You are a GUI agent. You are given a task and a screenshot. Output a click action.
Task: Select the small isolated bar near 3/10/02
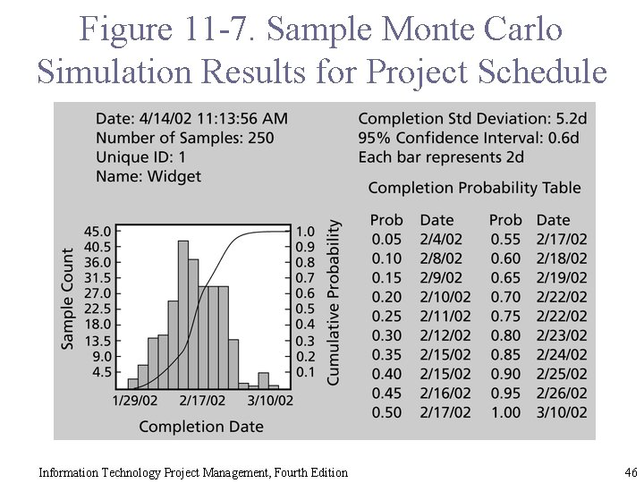(x=263, y=381)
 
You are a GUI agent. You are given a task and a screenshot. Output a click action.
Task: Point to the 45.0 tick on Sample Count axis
(x=98, y=231)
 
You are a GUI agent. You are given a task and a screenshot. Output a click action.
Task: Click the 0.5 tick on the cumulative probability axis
(x=305, y=309)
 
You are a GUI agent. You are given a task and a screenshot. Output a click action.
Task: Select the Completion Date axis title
(x=201, y=426)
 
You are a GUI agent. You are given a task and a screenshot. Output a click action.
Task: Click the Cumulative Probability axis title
(x=334, y=303)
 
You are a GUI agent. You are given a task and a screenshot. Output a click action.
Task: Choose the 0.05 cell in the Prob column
(x=386, y=239)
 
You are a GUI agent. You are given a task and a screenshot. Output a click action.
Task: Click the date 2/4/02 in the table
(x=441, y=239)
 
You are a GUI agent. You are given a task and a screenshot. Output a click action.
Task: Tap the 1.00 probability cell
(x=505, y=412)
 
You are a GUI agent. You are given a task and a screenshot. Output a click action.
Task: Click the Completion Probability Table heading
(x=474, y=188)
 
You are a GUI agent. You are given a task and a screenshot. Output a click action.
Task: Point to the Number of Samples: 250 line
(x=184, y=138)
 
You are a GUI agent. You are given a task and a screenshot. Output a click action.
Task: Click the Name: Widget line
(x=148, y=176)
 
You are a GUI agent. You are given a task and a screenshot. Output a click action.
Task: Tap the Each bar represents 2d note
(x=441, y=157)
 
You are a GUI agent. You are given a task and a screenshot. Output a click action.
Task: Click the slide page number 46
(x=631, y=471)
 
